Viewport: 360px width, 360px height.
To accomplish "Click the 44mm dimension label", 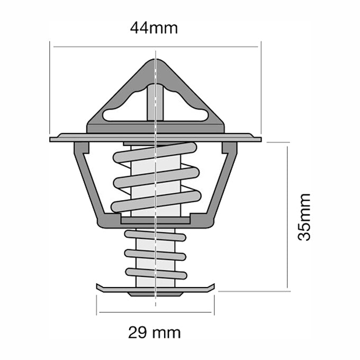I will click(x=154, y=28).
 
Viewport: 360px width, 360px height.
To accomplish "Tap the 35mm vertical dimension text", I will click(x=304, y=217).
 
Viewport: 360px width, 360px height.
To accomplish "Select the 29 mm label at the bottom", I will click(x=154, y=332).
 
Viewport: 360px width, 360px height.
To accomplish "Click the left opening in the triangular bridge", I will click(x=123, y=112).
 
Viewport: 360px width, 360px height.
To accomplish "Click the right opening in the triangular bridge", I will click(x=188, y=112).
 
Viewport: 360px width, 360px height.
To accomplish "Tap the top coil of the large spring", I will click(x=155, y=154).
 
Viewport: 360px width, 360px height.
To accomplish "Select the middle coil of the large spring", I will click(x=156, y=177).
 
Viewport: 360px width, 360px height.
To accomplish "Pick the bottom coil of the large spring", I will click(x=156, y=201).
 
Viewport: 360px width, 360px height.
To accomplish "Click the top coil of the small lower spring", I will click(x=155, y=235).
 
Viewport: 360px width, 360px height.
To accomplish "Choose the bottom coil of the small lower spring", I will click(x=156, y=273).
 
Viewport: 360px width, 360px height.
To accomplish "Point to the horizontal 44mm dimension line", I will click(x=106, y=47).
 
